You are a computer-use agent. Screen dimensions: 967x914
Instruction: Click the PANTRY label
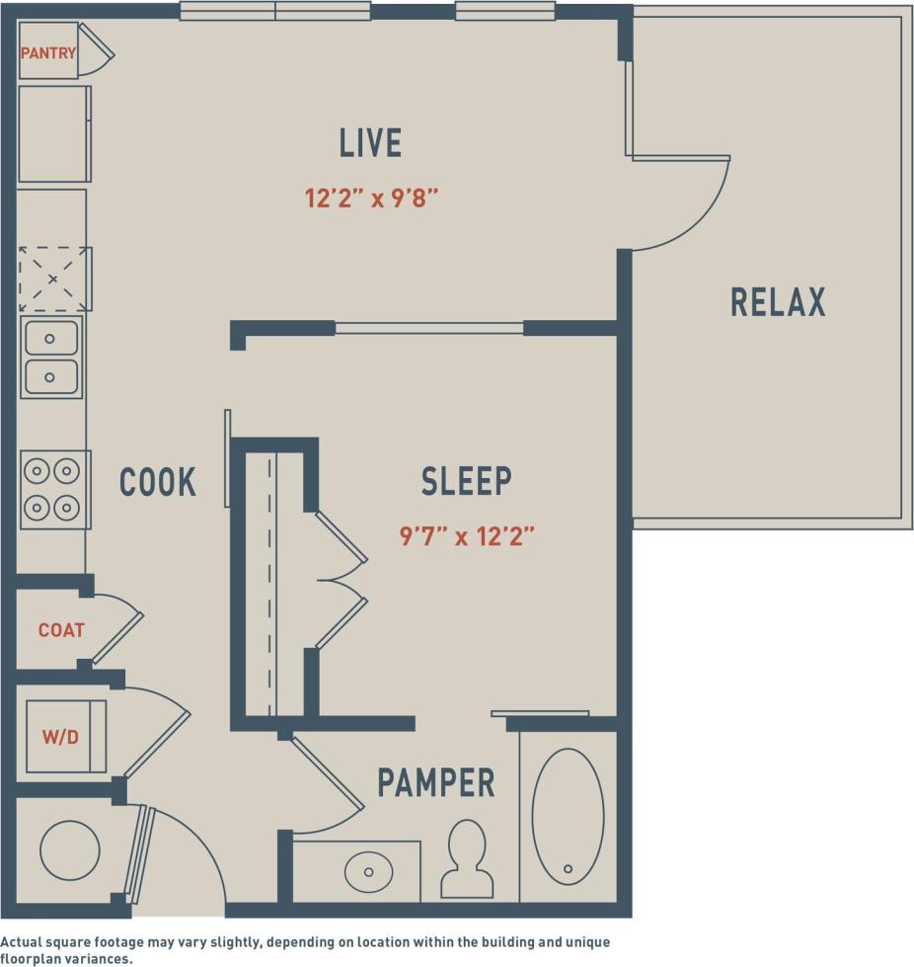point(47,53)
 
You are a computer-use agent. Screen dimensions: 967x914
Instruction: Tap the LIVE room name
point(370,143)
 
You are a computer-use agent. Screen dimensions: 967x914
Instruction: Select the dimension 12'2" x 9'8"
point(370,198)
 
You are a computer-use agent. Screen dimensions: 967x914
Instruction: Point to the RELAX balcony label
point(778,302)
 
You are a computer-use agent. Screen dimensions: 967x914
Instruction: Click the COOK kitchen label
point(158,482)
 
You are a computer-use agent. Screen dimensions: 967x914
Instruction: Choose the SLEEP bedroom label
point(466,481)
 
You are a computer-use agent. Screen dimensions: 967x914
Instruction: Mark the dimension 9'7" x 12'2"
point(466,536)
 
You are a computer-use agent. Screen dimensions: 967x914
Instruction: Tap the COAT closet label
point(61,630)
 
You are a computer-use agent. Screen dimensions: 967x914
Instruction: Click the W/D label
point(61,736)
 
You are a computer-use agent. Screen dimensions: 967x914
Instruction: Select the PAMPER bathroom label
point(435,783)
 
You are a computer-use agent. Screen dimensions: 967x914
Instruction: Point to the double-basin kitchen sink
point(51,357)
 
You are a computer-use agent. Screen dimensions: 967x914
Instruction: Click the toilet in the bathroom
point(467,857)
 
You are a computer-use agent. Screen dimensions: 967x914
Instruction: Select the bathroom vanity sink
point(368,871)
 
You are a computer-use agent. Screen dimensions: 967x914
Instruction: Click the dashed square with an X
point(53,279)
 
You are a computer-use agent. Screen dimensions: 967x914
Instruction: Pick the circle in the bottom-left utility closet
point(69,849)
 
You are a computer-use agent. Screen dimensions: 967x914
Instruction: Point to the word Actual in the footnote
point(24,942)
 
